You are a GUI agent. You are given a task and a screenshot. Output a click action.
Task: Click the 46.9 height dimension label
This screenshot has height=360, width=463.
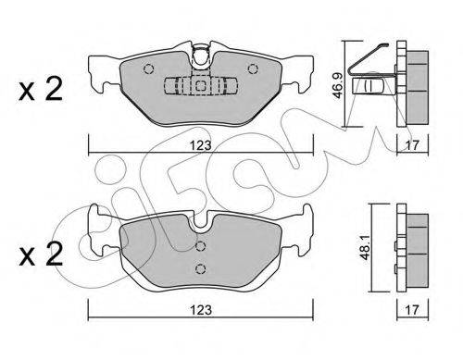(338, 84)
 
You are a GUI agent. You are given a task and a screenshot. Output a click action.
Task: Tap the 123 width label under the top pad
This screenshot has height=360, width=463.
(201, 145)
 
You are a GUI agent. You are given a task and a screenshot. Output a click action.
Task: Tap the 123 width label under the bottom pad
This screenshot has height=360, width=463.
(201, 310)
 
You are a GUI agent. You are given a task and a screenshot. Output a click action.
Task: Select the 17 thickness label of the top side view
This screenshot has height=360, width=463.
(412, 145)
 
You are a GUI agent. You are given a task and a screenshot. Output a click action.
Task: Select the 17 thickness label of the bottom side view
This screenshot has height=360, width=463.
(412, 310)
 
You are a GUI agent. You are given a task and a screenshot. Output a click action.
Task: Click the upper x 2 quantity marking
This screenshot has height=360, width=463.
(41, 89)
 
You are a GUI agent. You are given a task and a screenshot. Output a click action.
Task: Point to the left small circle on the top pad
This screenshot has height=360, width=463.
(149, 68)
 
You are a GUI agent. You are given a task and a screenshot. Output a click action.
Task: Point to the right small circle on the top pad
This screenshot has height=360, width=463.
(253, 68)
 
